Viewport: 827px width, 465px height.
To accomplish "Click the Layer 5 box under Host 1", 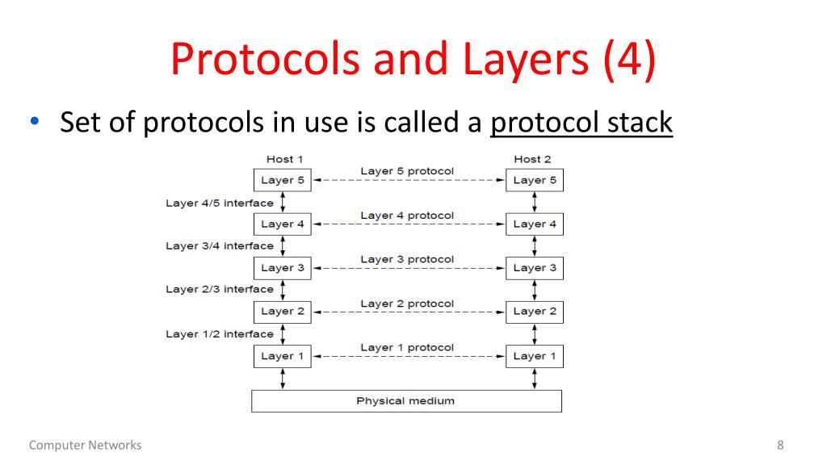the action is tap(282, 180).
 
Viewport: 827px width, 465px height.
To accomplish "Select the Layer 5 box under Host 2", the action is tap(535, 180).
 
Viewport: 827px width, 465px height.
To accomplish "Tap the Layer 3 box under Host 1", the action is tap(282, 267).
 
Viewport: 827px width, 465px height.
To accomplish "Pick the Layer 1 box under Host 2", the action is tap(535, 355).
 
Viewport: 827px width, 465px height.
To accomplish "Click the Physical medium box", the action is tap(406, 400).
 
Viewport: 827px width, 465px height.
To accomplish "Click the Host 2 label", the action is tap(532, 159).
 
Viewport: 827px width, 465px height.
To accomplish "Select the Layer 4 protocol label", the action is tap(407, 216).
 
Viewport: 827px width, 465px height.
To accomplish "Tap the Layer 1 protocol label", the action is tap(407, 347).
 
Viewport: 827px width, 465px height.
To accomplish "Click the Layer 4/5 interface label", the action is tap(219, 203).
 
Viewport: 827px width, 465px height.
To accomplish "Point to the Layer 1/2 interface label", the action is tap(219, 333).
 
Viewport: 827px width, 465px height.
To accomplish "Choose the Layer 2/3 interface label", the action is tap(219, 289).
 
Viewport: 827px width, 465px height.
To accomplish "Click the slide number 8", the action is tap(780, 445).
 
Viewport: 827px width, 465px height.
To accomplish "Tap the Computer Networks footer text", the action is tap(85, 445).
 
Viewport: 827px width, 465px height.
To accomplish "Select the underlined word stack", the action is tap(637, 124).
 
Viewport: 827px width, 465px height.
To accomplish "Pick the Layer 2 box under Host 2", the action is tap(535, 311).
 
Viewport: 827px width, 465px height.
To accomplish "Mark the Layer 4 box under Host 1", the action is tap(282, 224).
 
